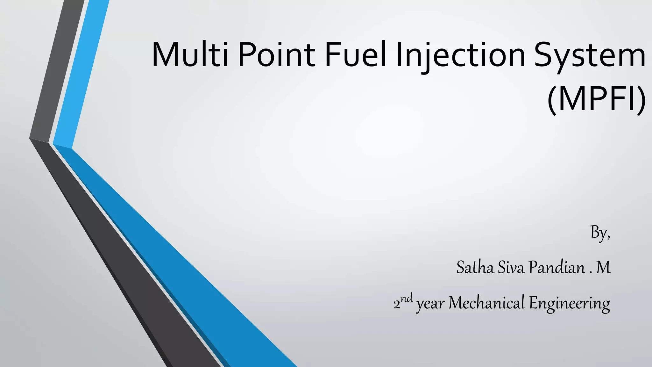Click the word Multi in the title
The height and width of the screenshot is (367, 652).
click(x=190, y=55)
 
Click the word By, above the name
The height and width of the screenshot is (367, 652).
click(x=600, y=233)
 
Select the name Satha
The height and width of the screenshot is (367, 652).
click(x=475, y=267)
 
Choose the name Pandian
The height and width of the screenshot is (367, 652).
click(x=557, y=267)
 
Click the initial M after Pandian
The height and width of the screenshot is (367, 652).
click(x=603, y=267)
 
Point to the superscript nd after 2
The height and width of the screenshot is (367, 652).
click(x=407, y=299)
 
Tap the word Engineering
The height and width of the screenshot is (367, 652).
click(x=570, y=303)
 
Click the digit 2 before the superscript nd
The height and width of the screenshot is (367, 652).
click(x=397, y=305)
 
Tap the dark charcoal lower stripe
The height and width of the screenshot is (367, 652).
click(x=127, y=271)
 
